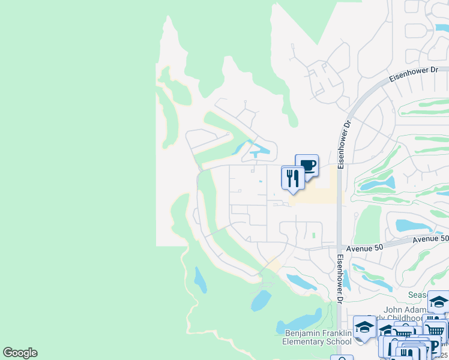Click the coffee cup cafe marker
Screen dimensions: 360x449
tap(307, 166)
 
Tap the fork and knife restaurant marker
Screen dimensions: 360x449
tap(293, 178)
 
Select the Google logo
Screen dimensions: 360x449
tap(20, 353)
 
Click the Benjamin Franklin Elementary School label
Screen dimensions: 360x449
tap(316, 337)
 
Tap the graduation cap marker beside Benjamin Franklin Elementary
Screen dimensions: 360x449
tap(364, 327)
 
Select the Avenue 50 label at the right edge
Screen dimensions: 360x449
tap(431, 239)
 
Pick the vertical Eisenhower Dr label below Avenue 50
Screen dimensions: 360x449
tap(340, 280)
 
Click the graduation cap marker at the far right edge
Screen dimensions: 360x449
tap(439, 302)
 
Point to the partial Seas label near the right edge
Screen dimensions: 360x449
tap(417, 295)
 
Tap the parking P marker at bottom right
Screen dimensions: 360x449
tap(435, 346)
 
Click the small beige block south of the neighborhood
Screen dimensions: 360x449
tap(274, 265)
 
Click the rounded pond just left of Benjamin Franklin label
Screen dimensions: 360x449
tap(261, 301)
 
